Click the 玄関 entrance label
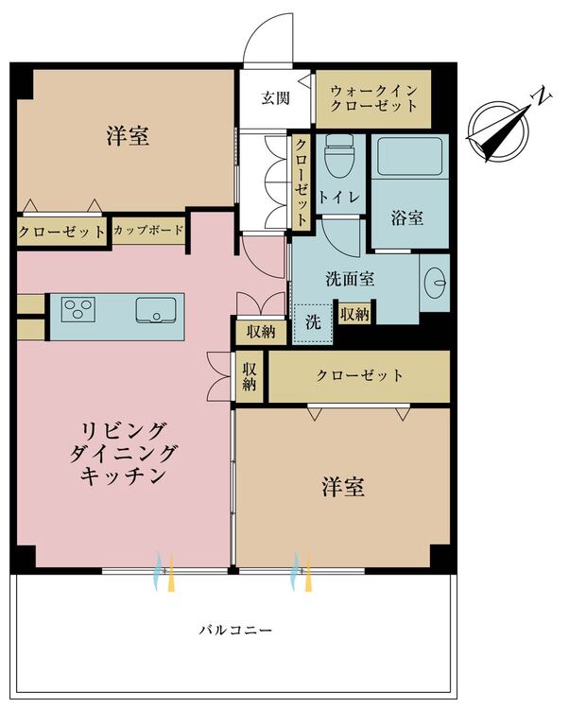275,97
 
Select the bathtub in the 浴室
409,156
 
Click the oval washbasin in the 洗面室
436,283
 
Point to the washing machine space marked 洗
313,323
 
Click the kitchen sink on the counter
155,310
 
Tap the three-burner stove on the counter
78,309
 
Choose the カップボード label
148,230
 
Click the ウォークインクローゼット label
373,98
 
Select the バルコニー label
236,630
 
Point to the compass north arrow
498,132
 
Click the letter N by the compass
543,96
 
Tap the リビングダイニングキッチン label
123,453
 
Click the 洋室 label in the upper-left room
128,135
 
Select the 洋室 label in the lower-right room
343,487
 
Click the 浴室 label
406,218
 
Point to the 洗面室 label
350,279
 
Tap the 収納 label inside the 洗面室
354,314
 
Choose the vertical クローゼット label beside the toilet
301,182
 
